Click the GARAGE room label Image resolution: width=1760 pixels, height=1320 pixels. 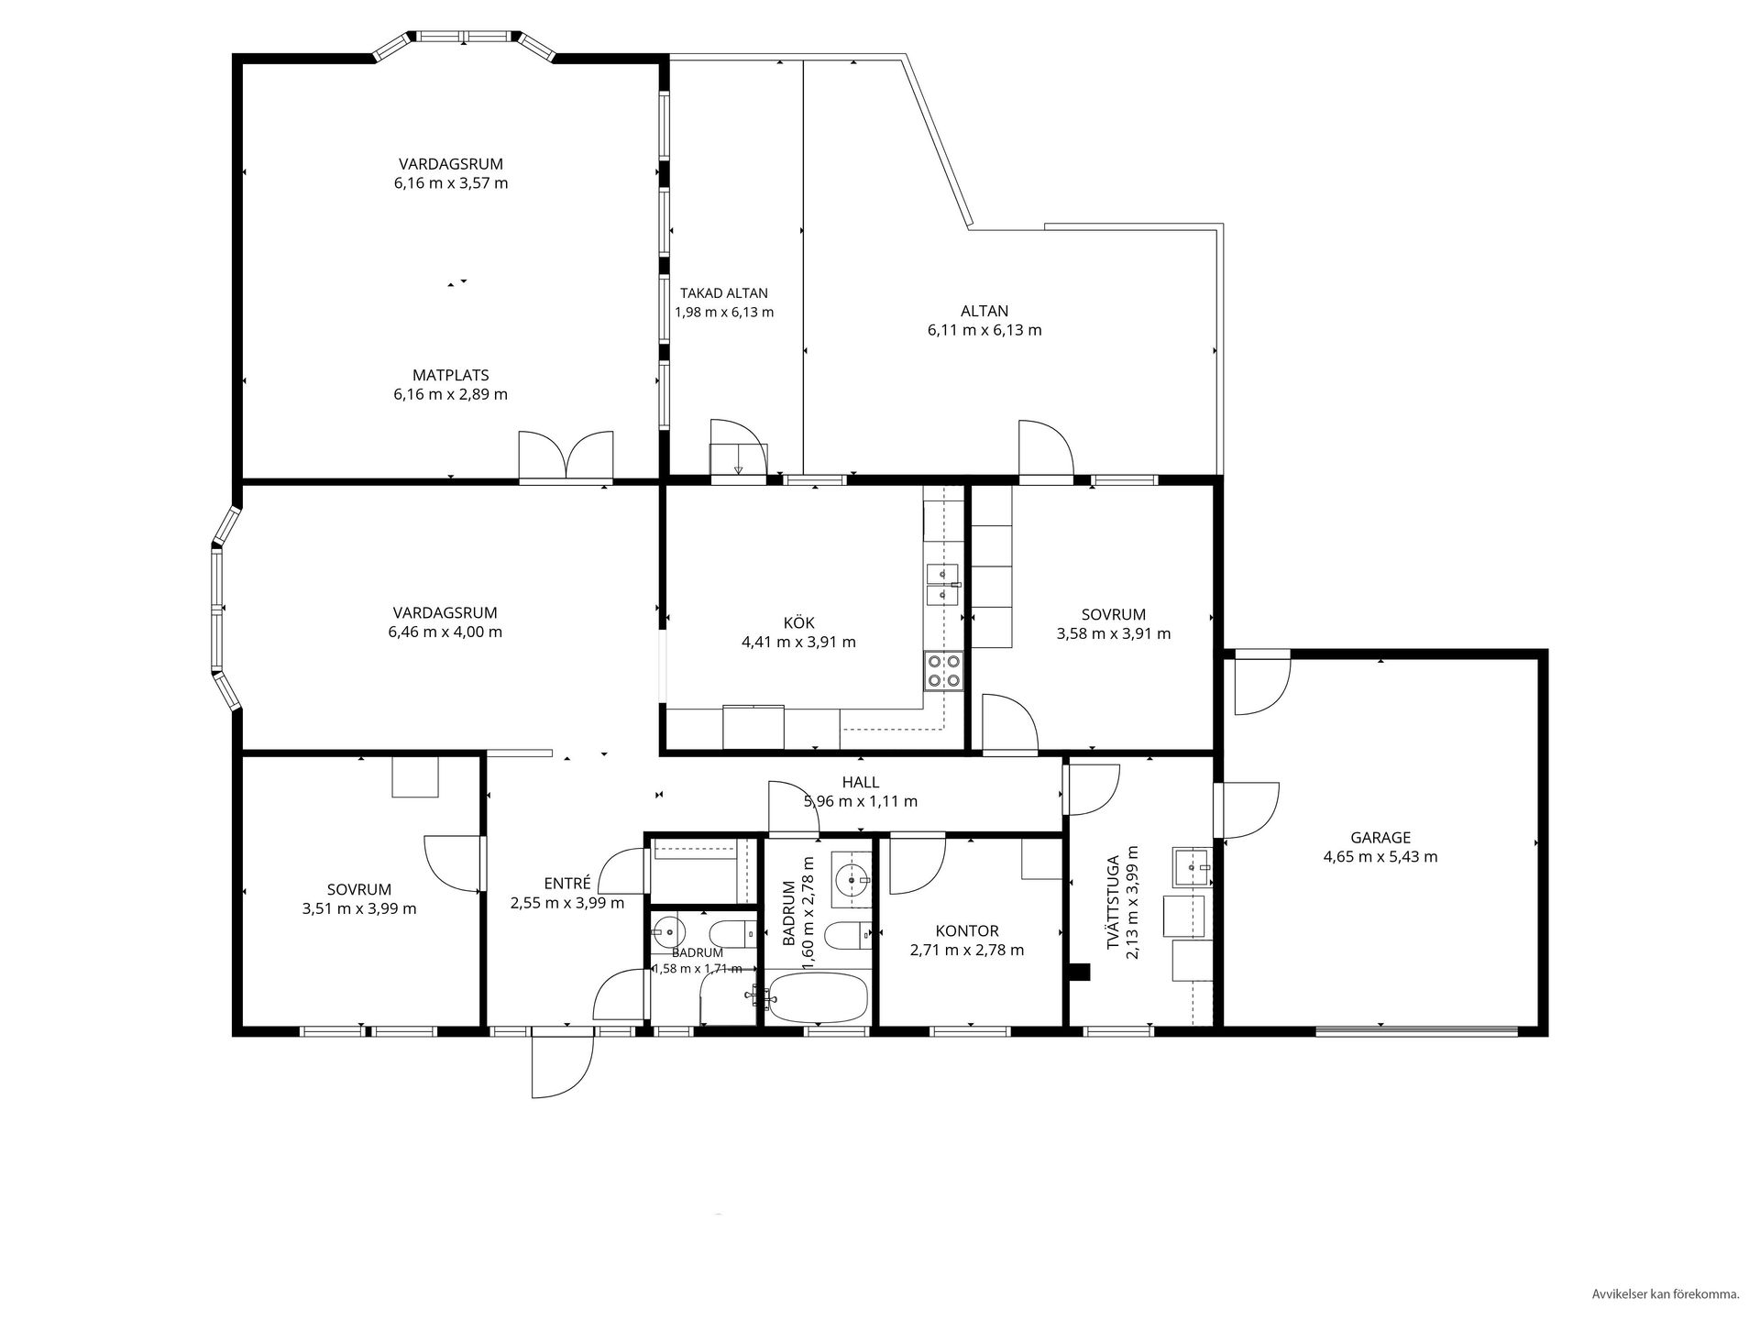(x=1380, y=837)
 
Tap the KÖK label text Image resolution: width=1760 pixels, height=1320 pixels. (x=798, y=623)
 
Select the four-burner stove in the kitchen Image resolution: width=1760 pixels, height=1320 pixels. (x=943, y=669)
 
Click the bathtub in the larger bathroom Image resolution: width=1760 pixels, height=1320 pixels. (x=817, y=997)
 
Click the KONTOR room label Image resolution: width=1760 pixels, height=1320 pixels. (x=967, y=930)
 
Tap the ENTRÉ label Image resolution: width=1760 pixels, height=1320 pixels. (x=566, y=884)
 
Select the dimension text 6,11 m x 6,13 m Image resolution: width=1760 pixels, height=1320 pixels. (x=984, y=330)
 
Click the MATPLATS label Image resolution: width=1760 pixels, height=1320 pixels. (x=450, y=375)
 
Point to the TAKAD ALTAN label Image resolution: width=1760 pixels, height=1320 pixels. (x=724, y=293)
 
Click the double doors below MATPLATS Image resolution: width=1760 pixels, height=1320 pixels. (x=566, y=456)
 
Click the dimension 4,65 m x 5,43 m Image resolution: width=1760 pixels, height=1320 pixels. (x=1380, y=857)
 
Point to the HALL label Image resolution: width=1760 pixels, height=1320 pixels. (x=861, y=782)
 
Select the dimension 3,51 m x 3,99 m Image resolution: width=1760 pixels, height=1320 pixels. (x=358, y=908)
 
